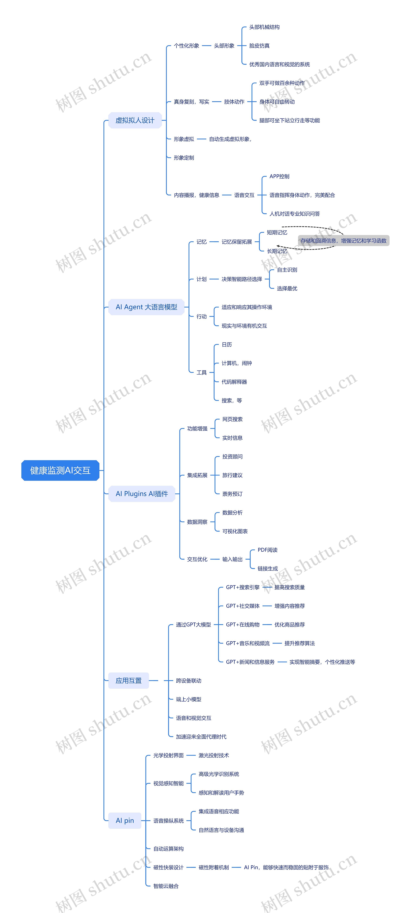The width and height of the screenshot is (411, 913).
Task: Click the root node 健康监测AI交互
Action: (60, 470)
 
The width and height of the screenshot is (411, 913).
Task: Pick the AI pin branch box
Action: (125, 820)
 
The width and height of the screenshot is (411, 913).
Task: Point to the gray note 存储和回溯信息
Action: (343, 241)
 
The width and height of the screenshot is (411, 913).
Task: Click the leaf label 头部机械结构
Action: (264, 27)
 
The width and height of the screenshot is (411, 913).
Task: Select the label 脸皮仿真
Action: (259, 46)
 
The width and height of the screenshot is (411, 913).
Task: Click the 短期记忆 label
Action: (277, 232)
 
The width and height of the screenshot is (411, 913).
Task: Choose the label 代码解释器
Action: (234, 382)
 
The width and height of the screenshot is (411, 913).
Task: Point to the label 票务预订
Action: (232, 494)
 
